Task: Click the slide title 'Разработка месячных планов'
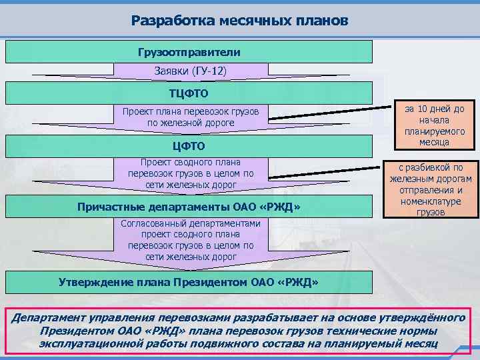(239, 20)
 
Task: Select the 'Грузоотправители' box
(189, 51)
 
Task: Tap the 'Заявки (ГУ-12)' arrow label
(190, 71)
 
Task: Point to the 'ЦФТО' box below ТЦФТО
(189, 146)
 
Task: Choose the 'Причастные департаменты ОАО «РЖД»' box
(189, 207)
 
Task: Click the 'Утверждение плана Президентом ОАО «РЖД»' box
(189, 282)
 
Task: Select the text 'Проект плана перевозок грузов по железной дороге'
(191, 117)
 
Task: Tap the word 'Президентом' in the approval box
(209, 282)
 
